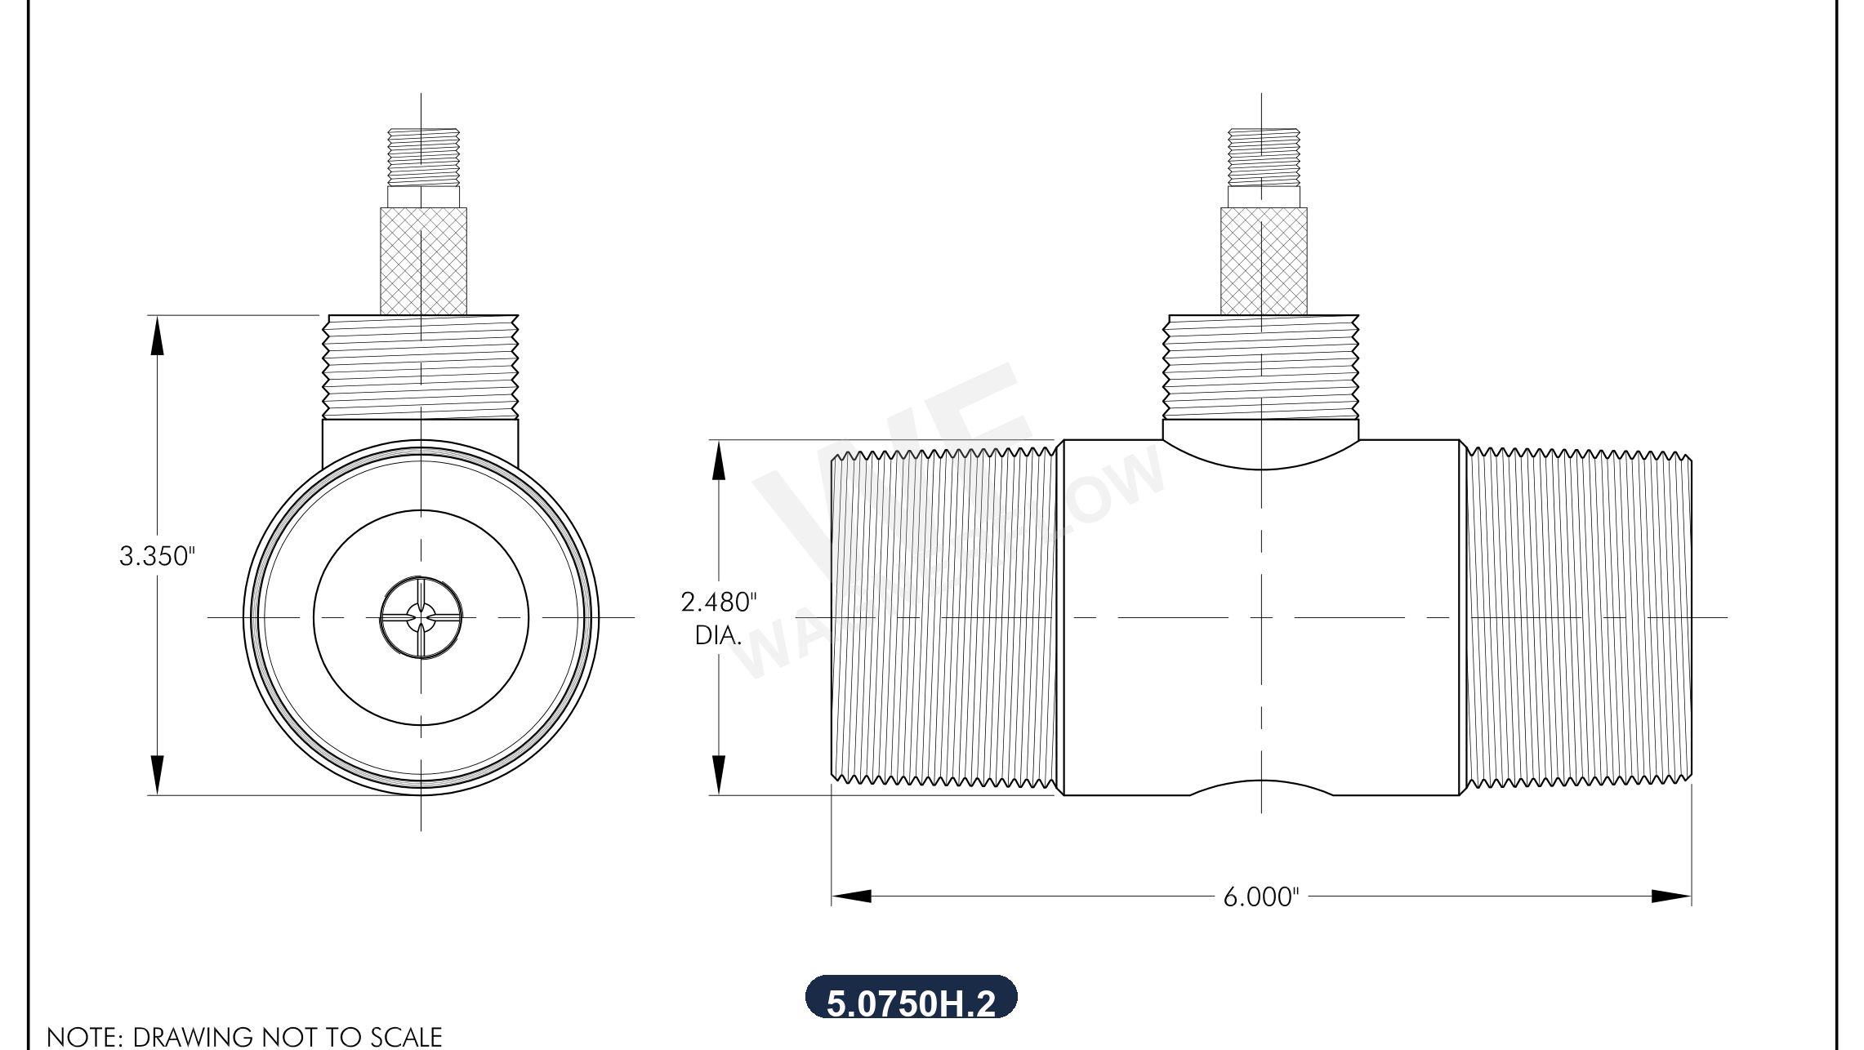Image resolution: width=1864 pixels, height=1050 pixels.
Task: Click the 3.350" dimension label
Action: [x=157, y=556]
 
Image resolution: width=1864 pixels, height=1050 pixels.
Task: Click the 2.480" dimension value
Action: [x=718, y=603]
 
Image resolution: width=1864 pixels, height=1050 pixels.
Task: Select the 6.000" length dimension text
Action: [x=1260, y=897]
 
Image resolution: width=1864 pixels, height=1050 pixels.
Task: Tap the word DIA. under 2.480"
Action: [x=717, y=635]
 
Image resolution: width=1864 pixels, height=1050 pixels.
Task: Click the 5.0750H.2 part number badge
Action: [x=911, y=1000]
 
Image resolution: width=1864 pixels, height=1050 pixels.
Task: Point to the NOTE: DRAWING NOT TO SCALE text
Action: [x=244, y=1037]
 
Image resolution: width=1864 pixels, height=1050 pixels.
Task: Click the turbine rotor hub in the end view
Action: [x=421, y=617]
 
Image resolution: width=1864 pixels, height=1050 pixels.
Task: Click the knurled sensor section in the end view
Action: [x=423, y=261]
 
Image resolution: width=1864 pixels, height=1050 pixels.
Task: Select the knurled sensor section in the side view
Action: [x=1263, y=261]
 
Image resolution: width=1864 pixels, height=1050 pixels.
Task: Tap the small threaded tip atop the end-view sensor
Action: [x=423, y=157]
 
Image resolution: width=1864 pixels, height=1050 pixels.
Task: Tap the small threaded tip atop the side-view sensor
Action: [x=1263, y=157]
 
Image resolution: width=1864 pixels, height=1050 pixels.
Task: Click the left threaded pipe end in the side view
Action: [x=943, y=617]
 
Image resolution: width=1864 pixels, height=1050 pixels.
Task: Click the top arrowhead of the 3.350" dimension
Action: [x=157, y=335]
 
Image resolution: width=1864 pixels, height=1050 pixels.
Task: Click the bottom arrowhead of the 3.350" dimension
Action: [x=157, y=775]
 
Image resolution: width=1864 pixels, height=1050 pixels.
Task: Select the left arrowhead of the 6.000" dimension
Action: [x=851, y=897]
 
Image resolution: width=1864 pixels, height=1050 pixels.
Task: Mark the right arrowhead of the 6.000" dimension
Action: [x=1671, y=897]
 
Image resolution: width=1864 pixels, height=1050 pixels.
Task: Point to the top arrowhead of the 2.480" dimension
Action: [x=718, y=460]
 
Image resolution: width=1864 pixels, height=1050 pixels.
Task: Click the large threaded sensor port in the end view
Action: [x=421, y=367]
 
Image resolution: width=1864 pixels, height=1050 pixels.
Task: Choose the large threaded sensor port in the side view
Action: [x=1260, y=367]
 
